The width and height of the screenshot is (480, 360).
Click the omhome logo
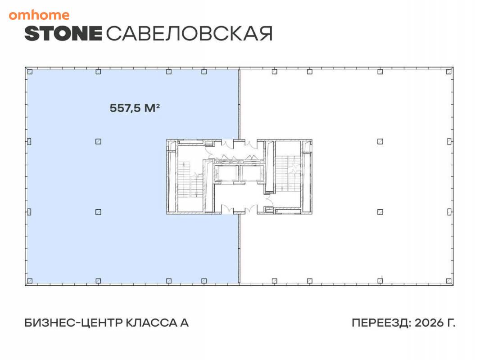point(39,15)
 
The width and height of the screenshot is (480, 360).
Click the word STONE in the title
point(63,33)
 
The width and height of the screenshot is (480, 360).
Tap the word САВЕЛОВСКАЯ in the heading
point(189,33)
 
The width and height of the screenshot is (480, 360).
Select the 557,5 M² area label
point(135,108)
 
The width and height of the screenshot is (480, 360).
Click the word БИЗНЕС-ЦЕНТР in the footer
point(73,323)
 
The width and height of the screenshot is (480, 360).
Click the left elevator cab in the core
point(226,174)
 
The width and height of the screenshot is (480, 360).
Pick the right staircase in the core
point(288,174)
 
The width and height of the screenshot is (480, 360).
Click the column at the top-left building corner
point(30,72)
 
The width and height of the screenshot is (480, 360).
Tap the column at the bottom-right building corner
point(449,281)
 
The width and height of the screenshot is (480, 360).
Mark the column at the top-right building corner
point(449,72)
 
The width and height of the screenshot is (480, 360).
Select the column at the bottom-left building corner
point(30,281)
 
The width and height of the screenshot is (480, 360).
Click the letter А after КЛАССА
point(184,323)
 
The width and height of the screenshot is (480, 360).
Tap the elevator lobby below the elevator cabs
point(239,196)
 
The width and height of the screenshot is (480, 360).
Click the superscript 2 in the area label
point(158,105)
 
